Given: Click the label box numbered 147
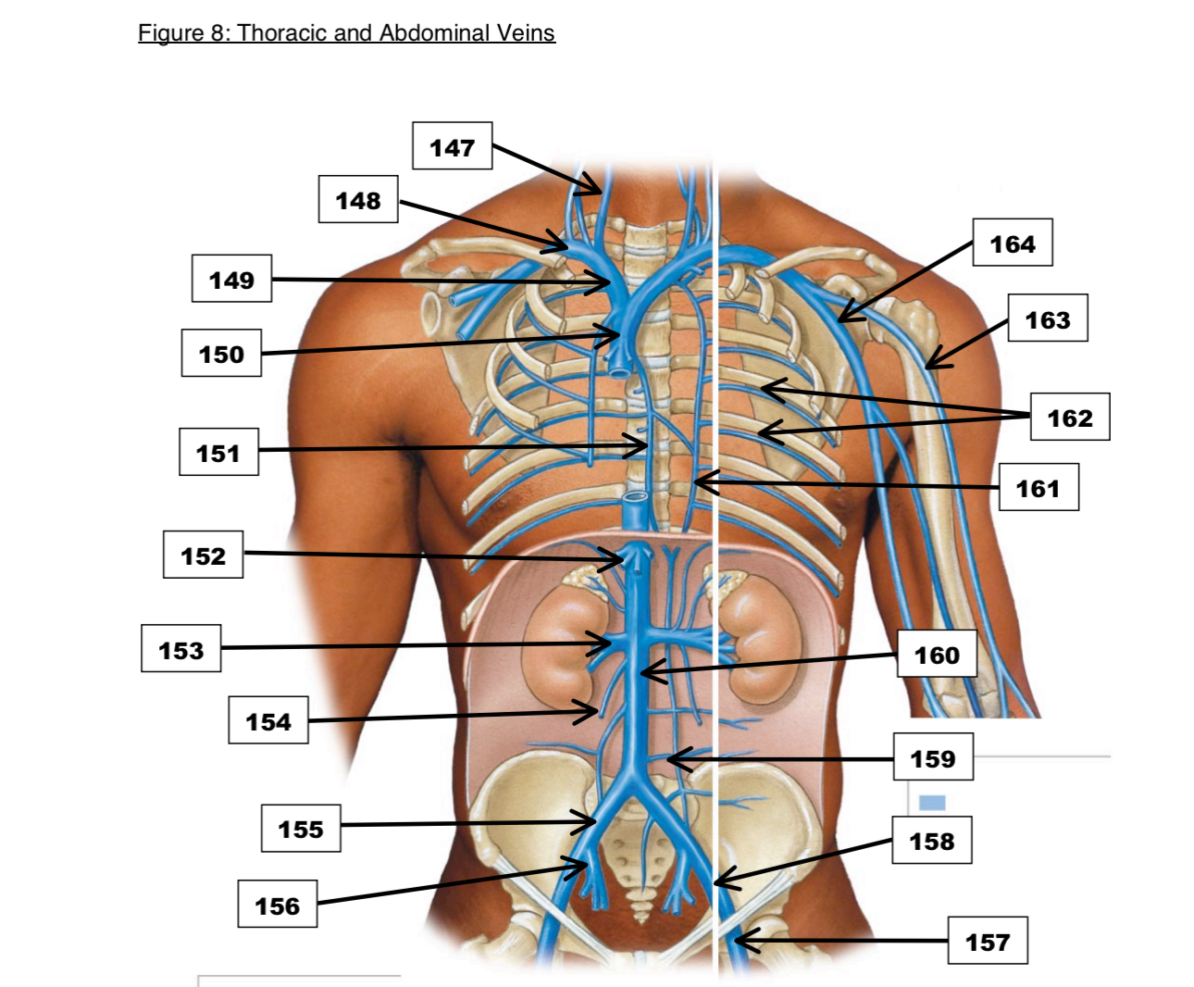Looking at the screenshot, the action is [x=452, y=146].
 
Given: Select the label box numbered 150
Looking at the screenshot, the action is [x=221, y=353].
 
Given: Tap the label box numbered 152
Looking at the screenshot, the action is [x=203, y=555].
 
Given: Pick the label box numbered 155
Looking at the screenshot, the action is [x=301, y=828].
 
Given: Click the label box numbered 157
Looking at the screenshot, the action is [x=988, y=941].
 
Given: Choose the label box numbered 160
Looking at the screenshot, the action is [x=937, y=654].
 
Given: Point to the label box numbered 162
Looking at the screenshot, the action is [x=1069, y=417].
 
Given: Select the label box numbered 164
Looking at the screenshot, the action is [x=1012, y=243].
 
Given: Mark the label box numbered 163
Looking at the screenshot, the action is [x=1047, y=319].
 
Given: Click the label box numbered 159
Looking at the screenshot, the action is [x=932, y=757].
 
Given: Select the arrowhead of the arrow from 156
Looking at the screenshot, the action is [x=583, y=865].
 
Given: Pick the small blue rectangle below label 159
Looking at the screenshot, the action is [x=932, y=802].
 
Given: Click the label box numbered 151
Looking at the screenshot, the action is [x=218, y=452].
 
